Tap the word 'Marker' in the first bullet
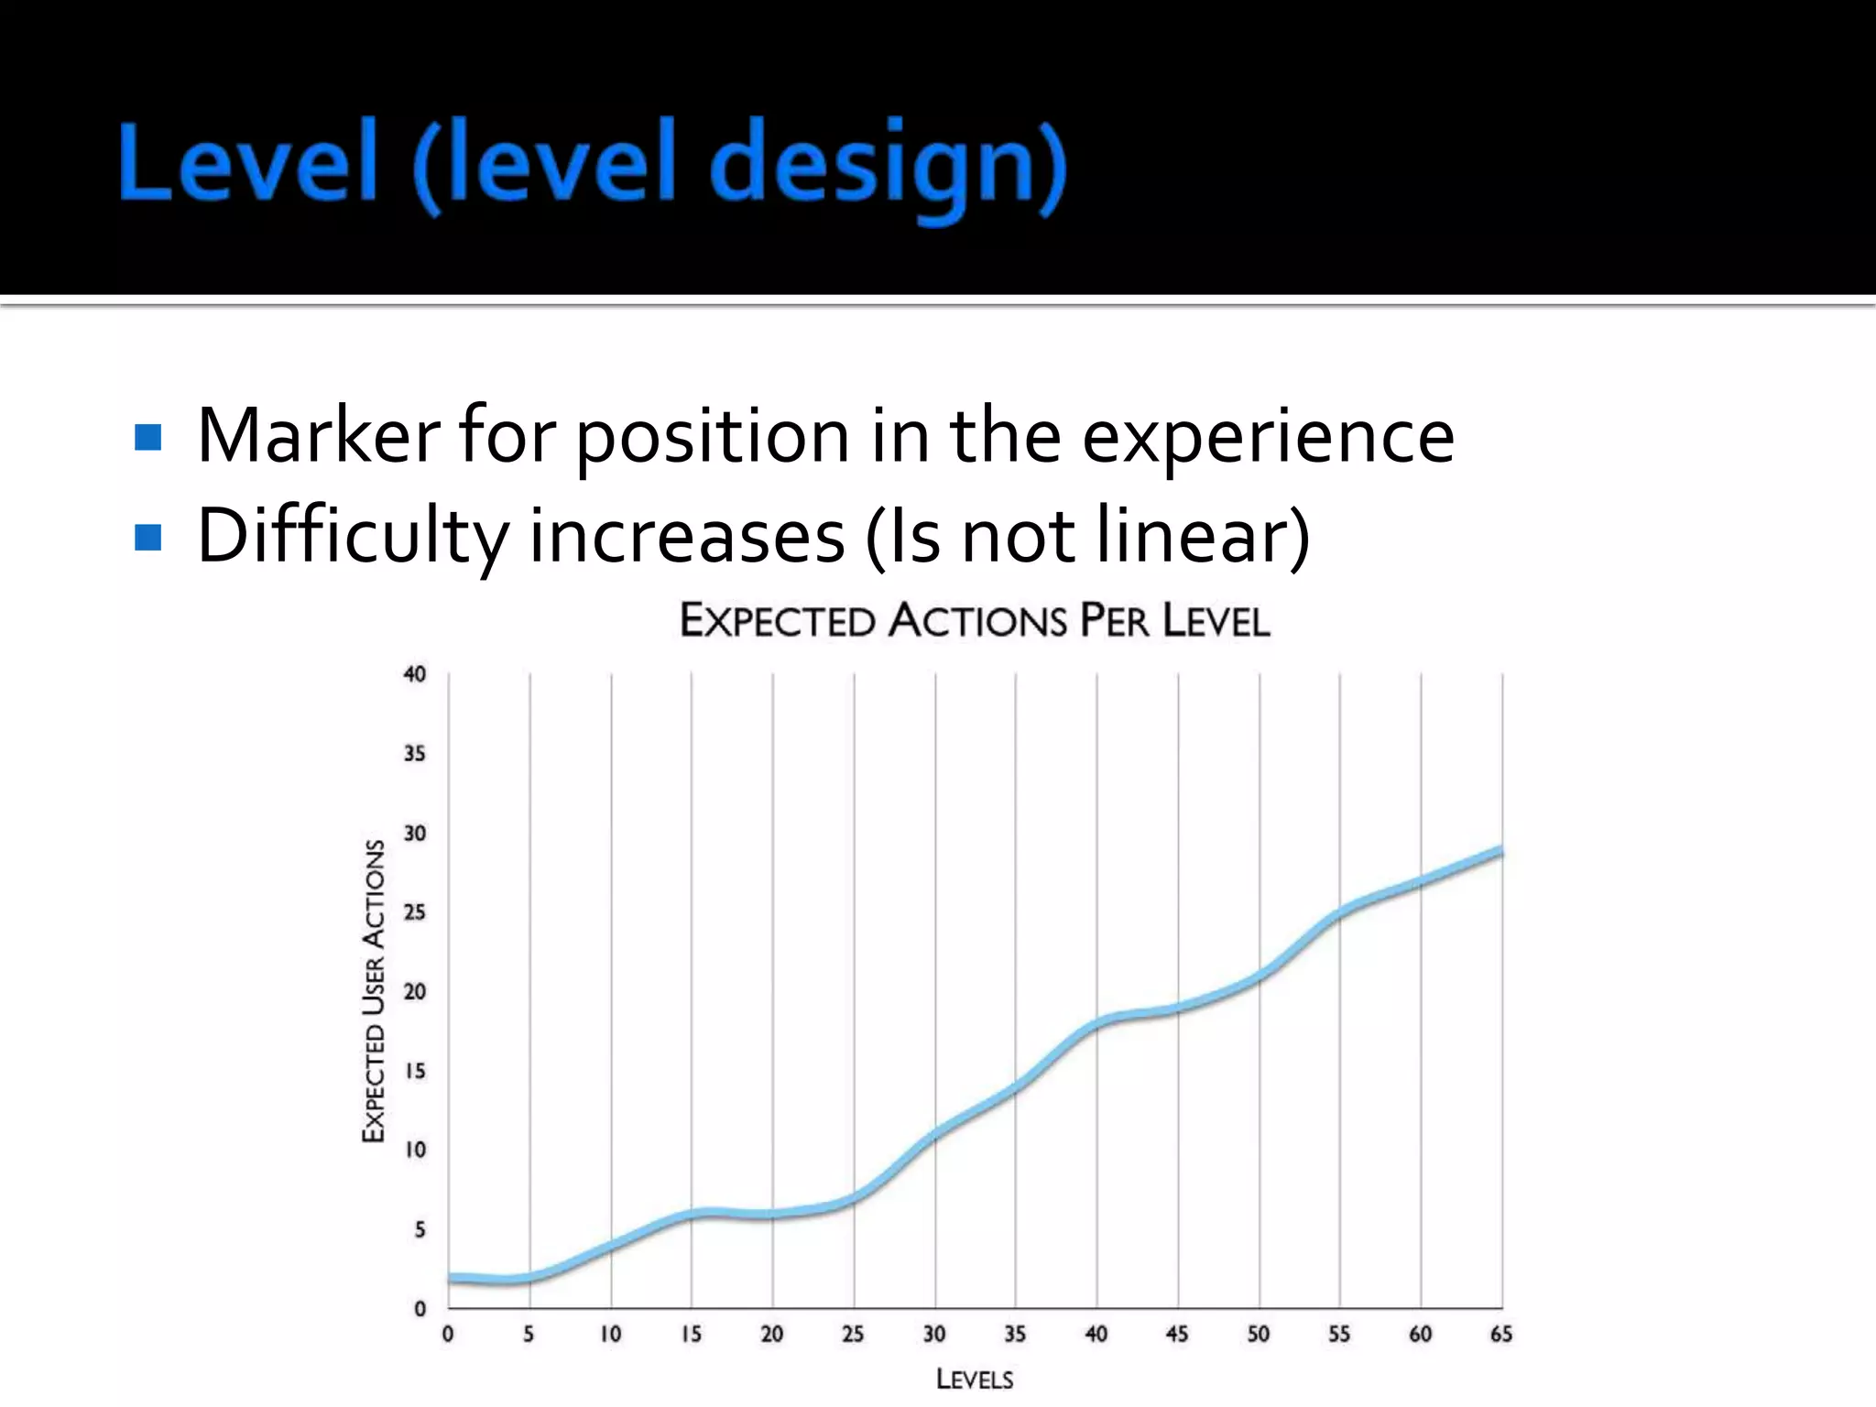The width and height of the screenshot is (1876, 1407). (x=318, y=436)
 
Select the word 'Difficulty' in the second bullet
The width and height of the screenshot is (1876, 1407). (x=352, y=537)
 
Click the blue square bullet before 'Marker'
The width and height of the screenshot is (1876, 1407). (x=147, y=437)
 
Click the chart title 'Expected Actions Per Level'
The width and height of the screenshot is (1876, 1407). (x=975, y=621)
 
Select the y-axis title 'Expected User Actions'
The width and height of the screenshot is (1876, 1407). (x=374, y=991)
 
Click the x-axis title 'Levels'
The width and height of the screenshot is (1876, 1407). (x=975, y=1380)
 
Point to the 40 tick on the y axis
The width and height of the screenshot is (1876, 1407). (x=415, y=674)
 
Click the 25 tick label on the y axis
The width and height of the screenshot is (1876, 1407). (x=415, y=912)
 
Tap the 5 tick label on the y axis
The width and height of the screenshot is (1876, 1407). (x=420, y=1229)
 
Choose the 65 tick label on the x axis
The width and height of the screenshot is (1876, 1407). (x=1501, y=1335)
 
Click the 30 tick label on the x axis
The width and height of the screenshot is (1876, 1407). (x=934, y=1335)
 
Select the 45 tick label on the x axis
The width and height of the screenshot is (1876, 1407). (x=1177, y=1335)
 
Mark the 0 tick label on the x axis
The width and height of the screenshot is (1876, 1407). (x=448, y=1335)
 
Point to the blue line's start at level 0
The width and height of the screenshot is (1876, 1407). (x=450, y=1278)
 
